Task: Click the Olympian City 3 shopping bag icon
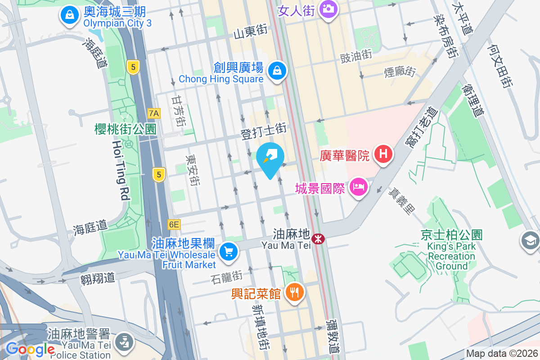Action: pyautogui.click(x=70, y=15)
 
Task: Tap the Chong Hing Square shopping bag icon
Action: pyautogui.click(x=278, y=71)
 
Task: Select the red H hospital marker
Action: pyautogui.click(x=383, y=154)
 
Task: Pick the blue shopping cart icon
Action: pyautogui.click(x=229, y=251)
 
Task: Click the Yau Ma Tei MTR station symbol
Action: pyautogui.click(x=319, y=239)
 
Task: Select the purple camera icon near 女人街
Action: pyautogui.click(x=328, y=9)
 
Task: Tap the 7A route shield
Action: pyautogui.click(x=154, y=112)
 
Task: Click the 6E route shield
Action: pyautogui.click(x=174, y=224)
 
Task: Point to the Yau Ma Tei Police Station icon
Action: pyautogui.click(x=122, y=342)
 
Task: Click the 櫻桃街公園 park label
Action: pyautogui.click(x=125, y=130)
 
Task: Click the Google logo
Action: pyautogui.click(x=30, y=349)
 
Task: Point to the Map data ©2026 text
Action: pyautogui.click(x=501, y=354)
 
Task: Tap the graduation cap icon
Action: pyautogui.click(x=530, y=241)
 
